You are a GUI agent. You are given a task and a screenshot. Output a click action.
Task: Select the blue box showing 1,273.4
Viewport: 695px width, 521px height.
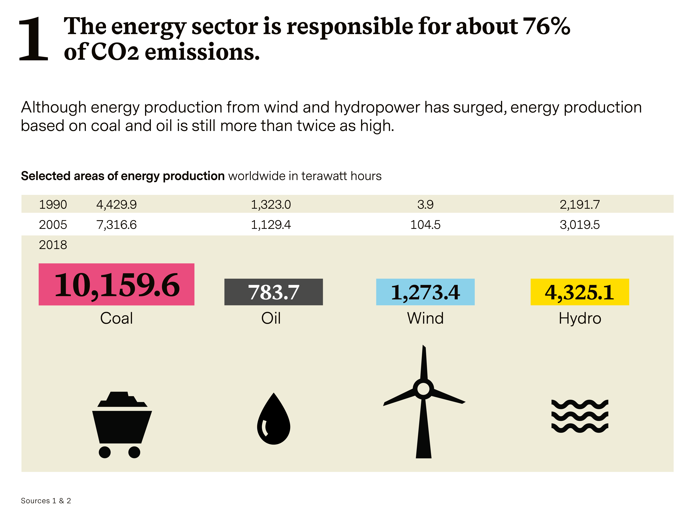coord(425,292)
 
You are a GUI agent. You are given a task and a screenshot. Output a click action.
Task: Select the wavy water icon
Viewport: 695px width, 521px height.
coord(580,416)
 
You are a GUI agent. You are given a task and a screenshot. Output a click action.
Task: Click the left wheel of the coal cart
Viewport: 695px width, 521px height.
coord(105,452)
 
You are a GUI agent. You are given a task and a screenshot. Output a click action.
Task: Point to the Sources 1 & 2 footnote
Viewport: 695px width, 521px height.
coord(46,501)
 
